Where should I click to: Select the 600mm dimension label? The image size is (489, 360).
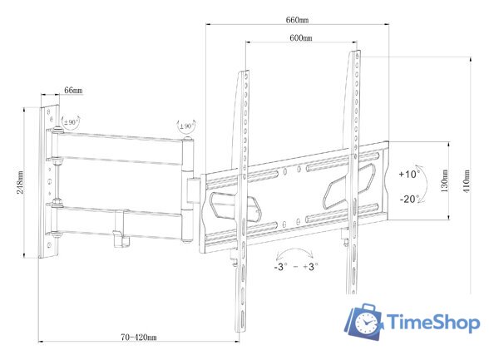301,38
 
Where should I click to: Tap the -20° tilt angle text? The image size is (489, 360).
408,199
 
